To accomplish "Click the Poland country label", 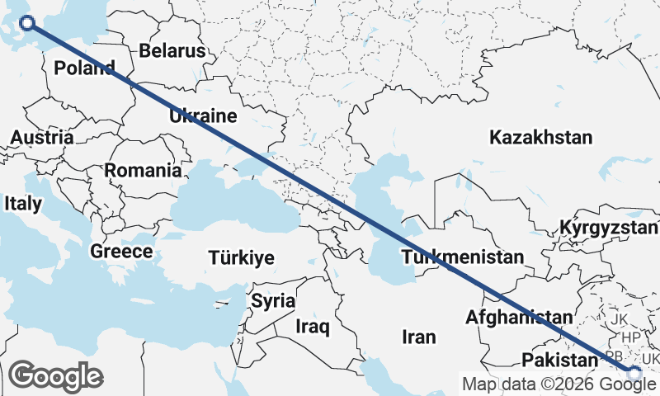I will pos(84,68).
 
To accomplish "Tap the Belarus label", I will pos(172,50).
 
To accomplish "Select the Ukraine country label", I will pos(203,115).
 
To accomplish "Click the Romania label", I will pos(143,171).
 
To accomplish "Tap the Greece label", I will pos(122,252).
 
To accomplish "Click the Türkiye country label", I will pos(241,258).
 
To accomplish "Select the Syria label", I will pos(273,300).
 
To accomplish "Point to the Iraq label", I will pos(313,328).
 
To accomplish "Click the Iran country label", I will pos(418,337).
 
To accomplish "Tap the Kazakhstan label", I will pos(540,137).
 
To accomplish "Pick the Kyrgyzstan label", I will pos(609,227).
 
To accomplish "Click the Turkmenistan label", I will pos(462,257).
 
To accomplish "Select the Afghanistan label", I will pos(518,317).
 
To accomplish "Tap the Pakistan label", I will pos(559,360).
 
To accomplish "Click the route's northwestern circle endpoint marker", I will pos(26,22).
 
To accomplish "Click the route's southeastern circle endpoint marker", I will pos(634,374).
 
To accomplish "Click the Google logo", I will pos(55,376).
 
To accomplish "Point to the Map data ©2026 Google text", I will pos(559,384).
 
